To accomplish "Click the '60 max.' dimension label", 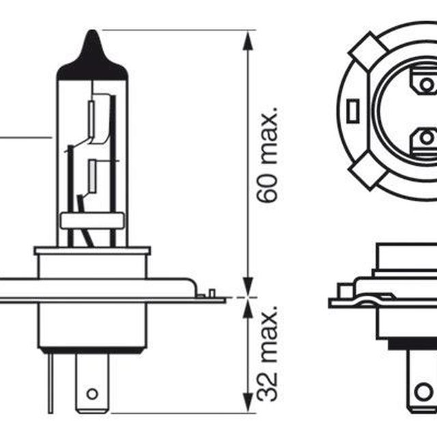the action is [267, 154].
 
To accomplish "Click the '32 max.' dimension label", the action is [267, 354].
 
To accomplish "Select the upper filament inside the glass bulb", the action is [91, 119].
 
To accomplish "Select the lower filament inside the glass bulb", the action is [92, 176].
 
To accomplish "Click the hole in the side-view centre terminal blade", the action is [92, 394].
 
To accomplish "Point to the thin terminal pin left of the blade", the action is [51, 382].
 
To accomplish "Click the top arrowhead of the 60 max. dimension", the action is [248, 40].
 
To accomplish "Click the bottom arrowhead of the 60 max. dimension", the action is [248, 287].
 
